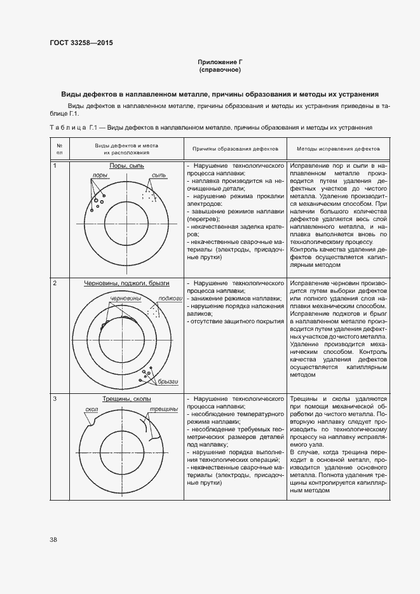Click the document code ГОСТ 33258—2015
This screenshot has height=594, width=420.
coord(81,43)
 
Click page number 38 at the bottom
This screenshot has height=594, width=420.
coord(53,539)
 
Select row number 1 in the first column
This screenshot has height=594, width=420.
coord(55,165)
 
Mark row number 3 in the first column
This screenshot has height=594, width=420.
coord(55,398)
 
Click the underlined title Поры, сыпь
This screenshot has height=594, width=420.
coord(126,166)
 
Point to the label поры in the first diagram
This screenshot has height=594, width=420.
coord(99,175)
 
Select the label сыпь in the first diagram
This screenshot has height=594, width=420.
coord(158,175)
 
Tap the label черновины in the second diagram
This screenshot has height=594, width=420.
coord(125,297)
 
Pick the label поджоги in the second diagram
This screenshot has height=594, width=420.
coord(170,297)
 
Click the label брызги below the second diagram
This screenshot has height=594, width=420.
coord(168,381)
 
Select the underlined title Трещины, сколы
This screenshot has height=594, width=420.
coord(126,399)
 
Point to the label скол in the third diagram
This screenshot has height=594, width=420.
coord(91,410)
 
